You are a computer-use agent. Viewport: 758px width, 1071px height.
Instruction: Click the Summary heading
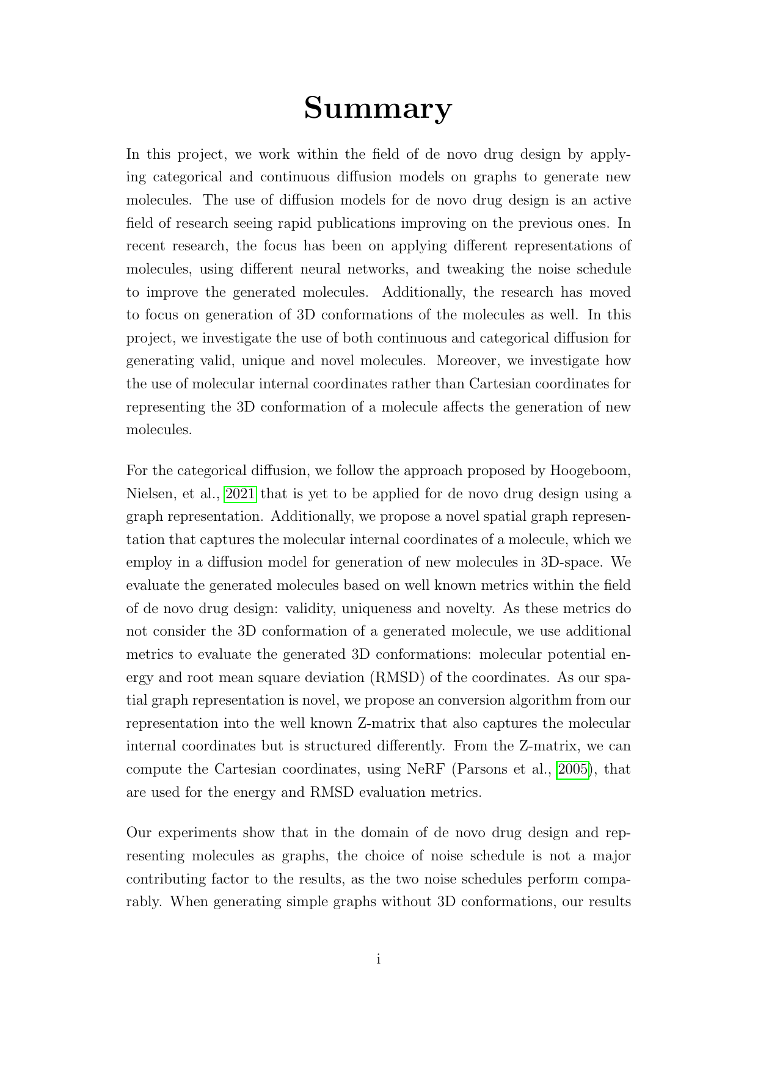click(x=378, y=108)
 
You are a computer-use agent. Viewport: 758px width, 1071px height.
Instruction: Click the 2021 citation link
click(x=241, y=493)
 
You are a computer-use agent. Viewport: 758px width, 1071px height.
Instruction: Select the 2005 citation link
click(x=573, y=769)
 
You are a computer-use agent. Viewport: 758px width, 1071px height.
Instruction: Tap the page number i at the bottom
click(x=379, y=959)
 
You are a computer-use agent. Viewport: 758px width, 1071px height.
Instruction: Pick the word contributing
click(x=172, y=879)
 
